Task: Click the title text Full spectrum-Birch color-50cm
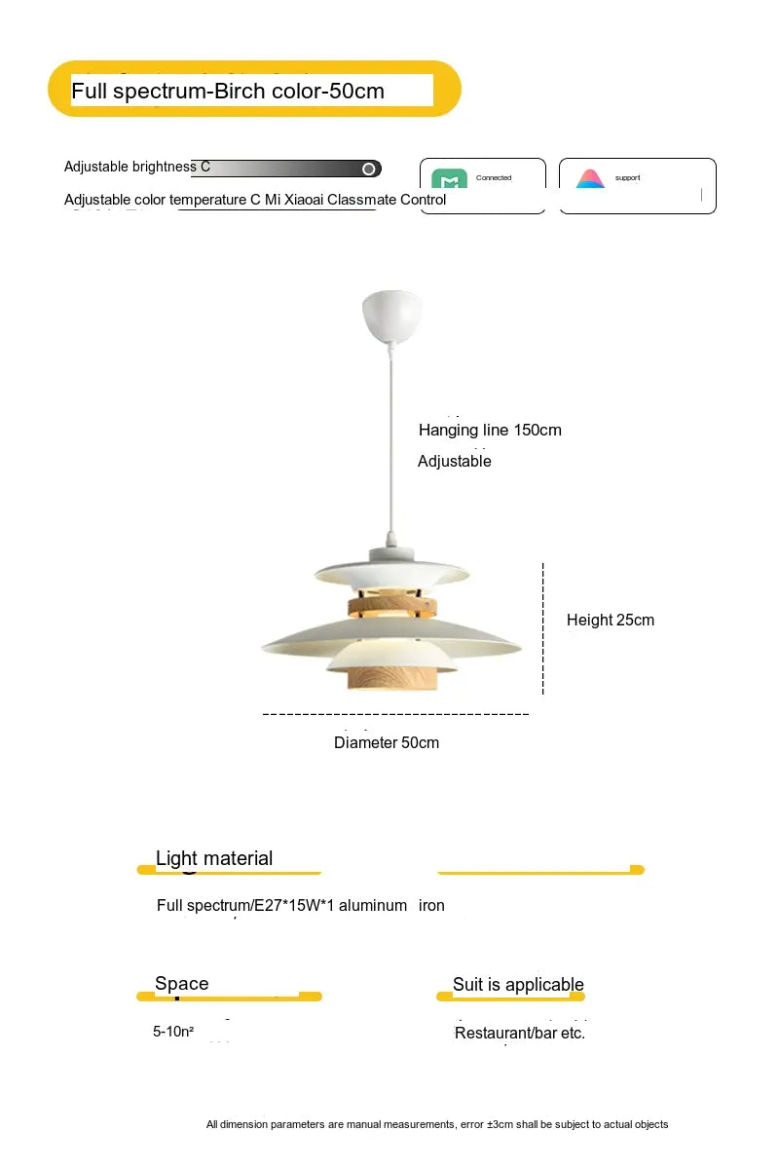pyautogui.click(x=228, y=92)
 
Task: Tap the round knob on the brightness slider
pyautogui.click(x=369, y=169)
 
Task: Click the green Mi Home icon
pyautogui.click(x=449, y=180)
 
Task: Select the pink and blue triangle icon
pyautogui.click(x=589, y=179)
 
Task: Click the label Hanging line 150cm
pyautogui.click(x=490, y=430)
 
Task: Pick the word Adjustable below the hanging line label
pyautogui.click(x=455, y=461)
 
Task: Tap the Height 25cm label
pyautogui.click(x=611, y=620)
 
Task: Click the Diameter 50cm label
pyautogui.click(x=387, y=742)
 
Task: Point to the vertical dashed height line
pyautogui.click(x=542, y=628)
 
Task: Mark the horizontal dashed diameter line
pyautogui.click(x=395, y=714)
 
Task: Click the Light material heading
pyautogui.click(x=214, y=858)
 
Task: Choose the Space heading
pyautogui.click(x=182, y=983)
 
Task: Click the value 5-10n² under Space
pyautogui.click(x=173, y=1031)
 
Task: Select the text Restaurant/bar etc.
pyautogui.click(x=520, y=1033)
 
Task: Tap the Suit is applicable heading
pyautogui.click(x=518, y=984)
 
